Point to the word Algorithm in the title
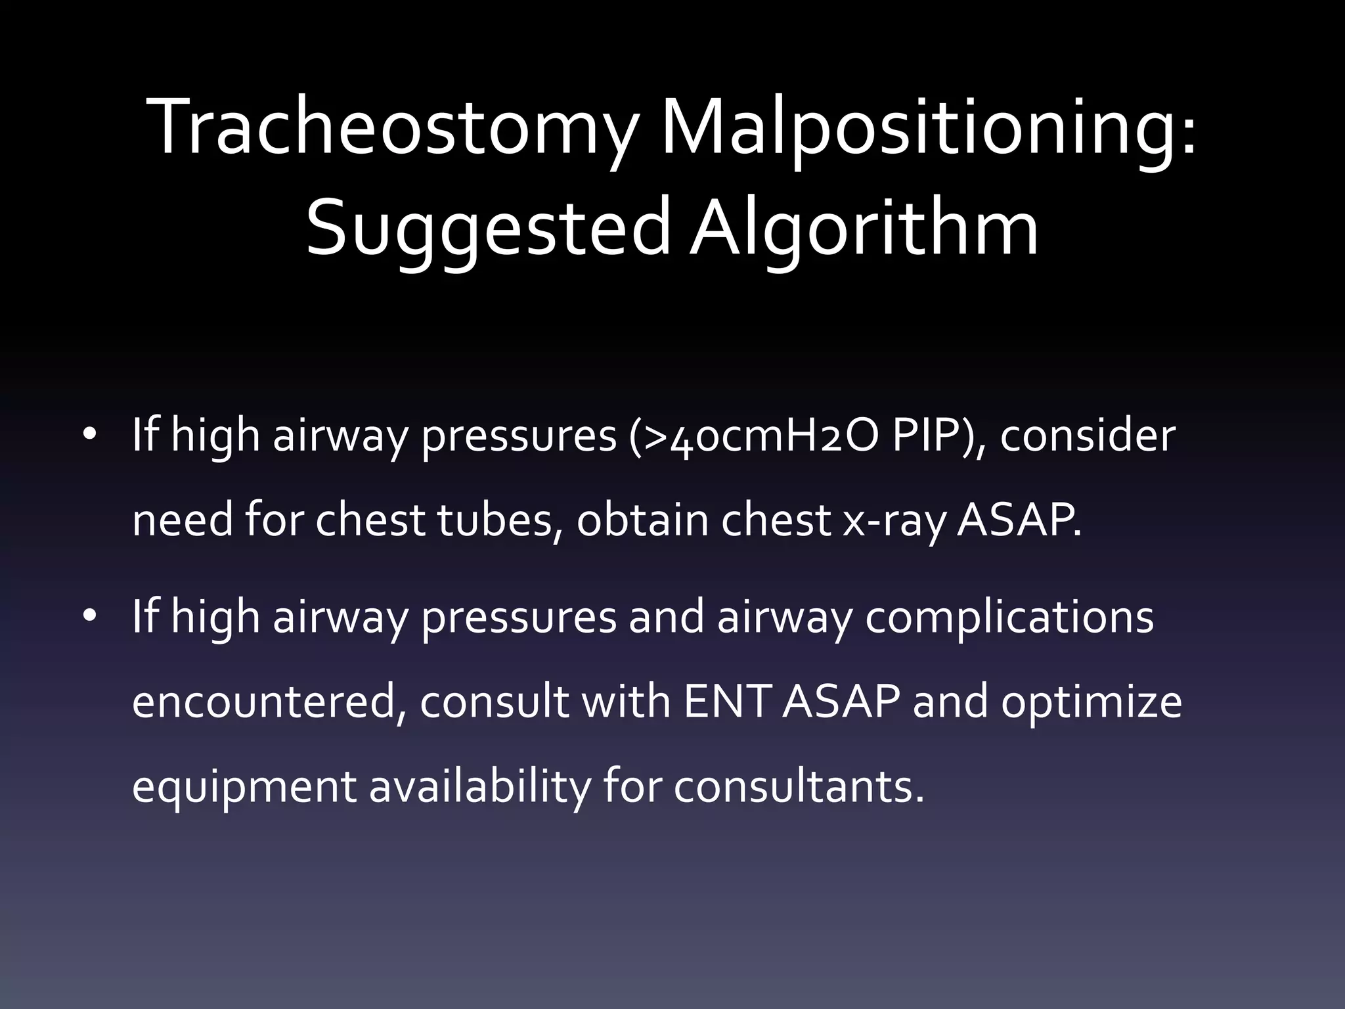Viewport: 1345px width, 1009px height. tap(864, 227)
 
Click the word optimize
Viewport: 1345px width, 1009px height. tap(1091, 702)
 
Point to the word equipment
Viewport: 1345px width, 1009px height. tap(244, 787)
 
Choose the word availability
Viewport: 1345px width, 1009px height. tap(479, 787)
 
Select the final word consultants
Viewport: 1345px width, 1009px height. tap(799, 787)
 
